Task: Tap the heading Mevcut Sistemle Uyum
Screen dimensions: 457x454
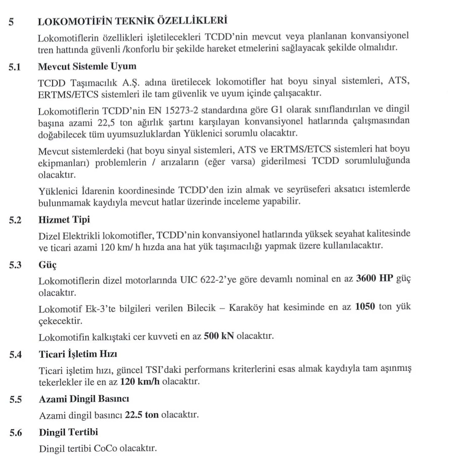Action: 87,66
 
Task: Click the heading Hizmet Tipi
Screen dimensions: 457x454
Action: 64,219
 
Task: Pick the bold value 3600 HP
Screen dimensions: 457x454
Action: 374,279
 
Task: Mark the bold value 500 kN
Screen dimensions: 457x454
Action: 219,336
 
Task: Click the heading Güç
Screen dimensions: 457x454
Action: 48,265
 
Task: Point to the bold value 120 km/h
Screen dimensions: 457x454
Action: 140,382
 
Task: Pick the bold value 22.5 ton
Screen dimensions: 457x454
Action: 142,415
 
